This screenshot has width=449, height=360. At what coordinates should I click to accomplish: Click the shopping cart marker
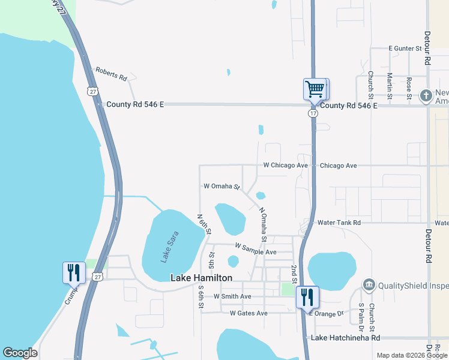click(x=315, y=89)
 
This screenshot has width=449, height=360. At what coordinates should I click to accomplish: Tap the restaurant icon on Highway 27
click(x=74, y=272)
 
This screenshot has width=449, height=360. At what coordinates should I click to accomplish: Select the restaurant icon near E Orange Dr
click(x=307, y=296)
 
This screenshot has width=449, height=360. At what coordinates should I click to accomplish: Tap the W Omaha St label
click(x=221, y=187)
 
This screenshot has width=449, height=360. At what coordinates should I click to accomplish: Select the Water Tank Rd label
click(x=339, y=223)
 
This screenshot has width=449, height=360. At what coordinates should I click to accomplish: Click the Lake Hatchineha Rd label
click(x=345, y=338)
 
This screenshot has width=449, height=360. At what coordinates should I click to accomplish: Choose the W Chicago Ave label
click(x=285, y=166)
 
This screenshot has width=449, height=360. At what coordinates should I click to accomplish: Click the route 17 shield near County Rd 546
click(x=313, y=113)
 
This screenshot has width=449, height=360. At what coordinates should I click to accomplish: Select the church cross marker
click(x=426, y=96)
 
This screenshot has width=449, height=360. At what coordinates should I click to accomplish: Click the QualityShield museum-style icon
click(x=369, y=284)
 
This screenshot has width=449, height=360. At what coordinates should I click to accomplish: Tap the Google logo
click(x=20, y=353)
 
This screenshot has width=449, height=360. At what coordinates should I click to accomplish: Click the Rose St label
click(x=409, y=88)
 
